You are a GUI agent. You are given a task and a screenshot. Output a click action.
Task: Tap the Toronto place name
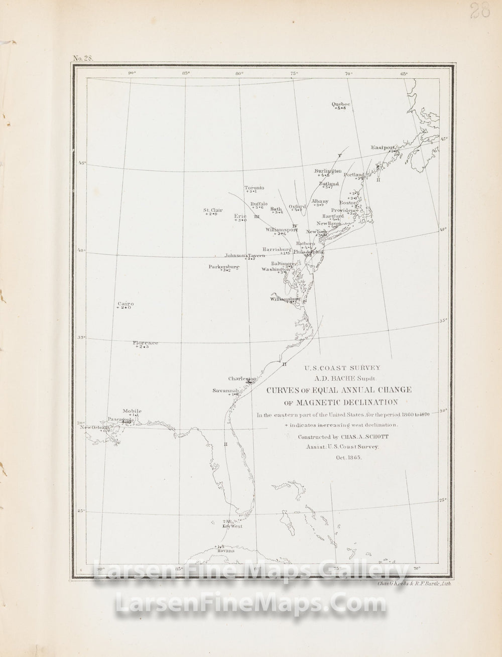[x=254, y=187]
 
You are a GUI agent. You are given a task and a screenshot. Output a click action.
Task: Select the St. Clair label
[x=213, y=210]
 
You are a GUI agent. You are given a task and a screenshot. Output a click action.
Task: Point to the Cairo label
[x=125, y=304]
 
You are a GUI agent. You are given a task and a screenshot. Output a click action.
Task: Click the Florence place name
[x=146, y=343]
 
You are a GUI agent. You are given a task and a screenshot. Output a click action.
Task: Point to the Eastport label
[x=384, y=148]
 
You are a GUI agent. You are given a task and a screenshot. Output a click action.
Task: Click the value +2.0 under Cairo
[x=125, y=308]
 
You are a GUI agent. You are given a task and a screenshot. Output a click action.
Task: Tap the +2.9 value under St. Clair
[x=211, y=214]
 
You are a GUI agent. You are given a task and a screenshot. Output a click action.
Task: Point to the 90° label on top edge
[x=132, y=73]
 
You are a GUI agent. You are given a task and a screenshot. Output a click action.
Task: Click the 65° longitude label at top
[x=404, y=73]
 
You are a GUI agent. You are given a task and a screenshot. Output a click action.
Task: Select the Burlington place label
[x=328, y=171]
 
